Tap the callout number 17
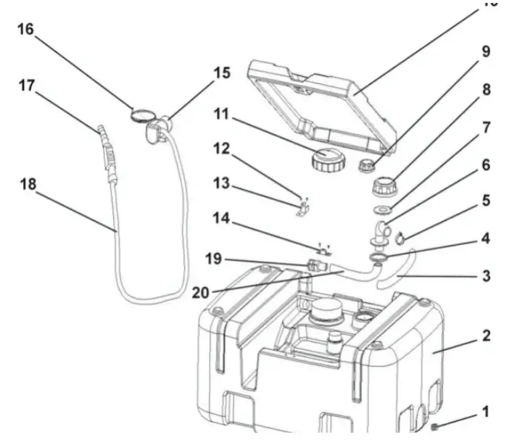coord(27,86)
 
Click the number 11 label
coord(221,114)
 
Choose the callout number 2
coord(486,336)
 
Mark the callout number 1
coord(486,412)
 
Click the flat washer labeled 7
coord(379,212)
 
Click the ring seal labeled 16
coord(142,113)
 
